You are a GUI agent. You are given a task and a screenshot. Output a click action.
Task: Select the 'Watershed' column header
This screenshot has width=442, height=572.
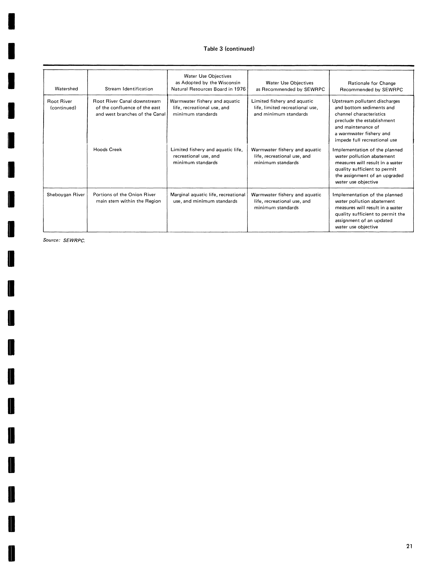click(x=66, y=89)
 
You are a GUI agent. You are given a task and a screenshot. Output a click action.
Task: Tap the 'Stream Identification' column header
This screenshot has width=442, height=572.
click(x=129, y=89)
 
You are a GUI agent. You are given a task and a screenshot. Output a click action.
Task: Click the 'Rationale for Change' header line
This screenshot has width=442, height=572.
click(x=371, y=83)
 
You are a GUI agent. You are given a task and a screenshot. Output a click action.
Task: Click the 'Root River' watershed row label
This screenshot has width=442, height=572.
click(x=59, y=101)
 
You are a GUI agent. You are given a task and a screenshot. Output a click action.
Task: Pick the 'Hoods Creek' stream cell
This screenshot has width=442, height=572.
click(x=108, y=150)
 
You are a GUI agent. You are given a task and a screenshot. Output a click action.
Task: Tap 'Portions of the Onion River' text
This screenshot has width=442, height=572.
click(x=124, y=195)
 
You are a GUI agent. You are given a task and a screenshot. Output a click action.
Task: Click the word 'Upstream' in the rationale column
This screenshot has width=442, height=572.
click(x=342, y=101)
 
